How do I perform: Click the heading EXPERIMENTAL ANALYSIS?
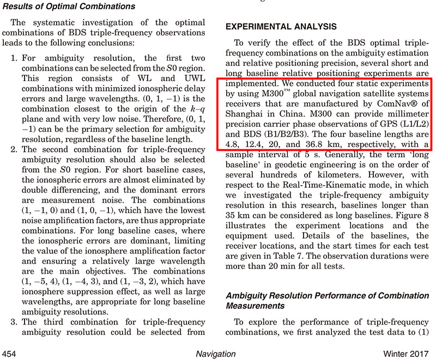281,27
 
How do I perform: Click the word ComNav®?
387,103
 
